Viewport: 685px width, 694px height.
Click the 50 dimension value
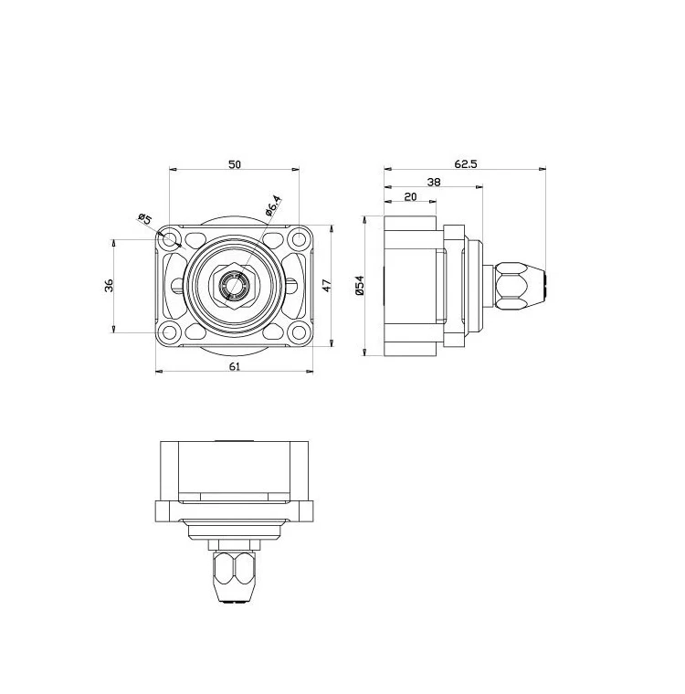click(235, 163)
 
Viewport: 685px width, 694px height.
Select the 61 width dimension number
click(235, 365)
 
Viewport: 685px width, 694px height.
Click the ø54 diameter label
click(360, 286)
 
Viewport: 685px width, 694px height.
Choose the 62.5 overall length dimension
click(465, 163)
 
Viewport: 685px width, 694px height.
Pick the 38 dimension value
click(434, 182)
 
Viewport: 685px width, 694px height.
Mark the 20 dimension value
click(409, 196)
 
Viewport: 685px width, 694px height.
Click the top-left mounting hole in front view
click(170, 239)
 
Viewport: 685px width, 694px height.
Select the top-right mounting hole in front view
click(299, 239)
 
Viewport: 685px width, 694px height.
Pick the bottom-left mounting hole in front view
click(170, 332)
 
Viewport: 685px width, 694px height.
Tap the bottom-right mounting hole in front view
click(299, 332)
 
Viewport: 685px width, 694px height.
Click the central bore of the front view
click(234, 286)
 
